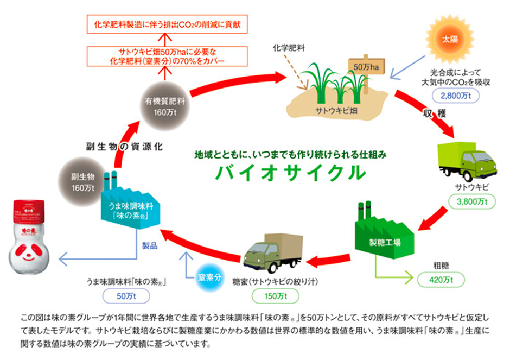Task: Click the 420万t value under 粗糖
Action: [441, 280]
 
